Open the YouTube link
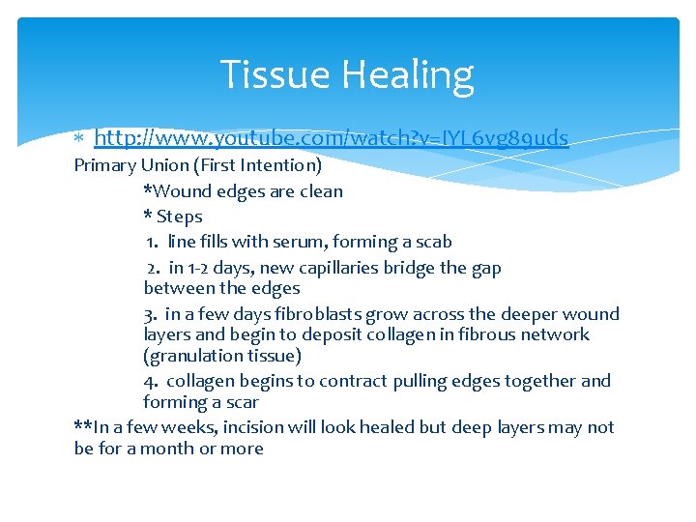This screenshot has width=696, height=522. pos(331,138)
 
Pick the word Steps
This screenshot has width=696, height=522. pos(179,217)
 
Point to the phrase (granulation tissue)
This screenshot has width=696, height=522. pos(222,356)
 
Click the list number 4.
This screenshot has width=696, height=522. pos(151,381)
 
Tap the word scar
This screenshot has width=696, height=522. pos(241,402)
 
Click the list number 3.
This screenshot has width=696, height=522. pos(150,314)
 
